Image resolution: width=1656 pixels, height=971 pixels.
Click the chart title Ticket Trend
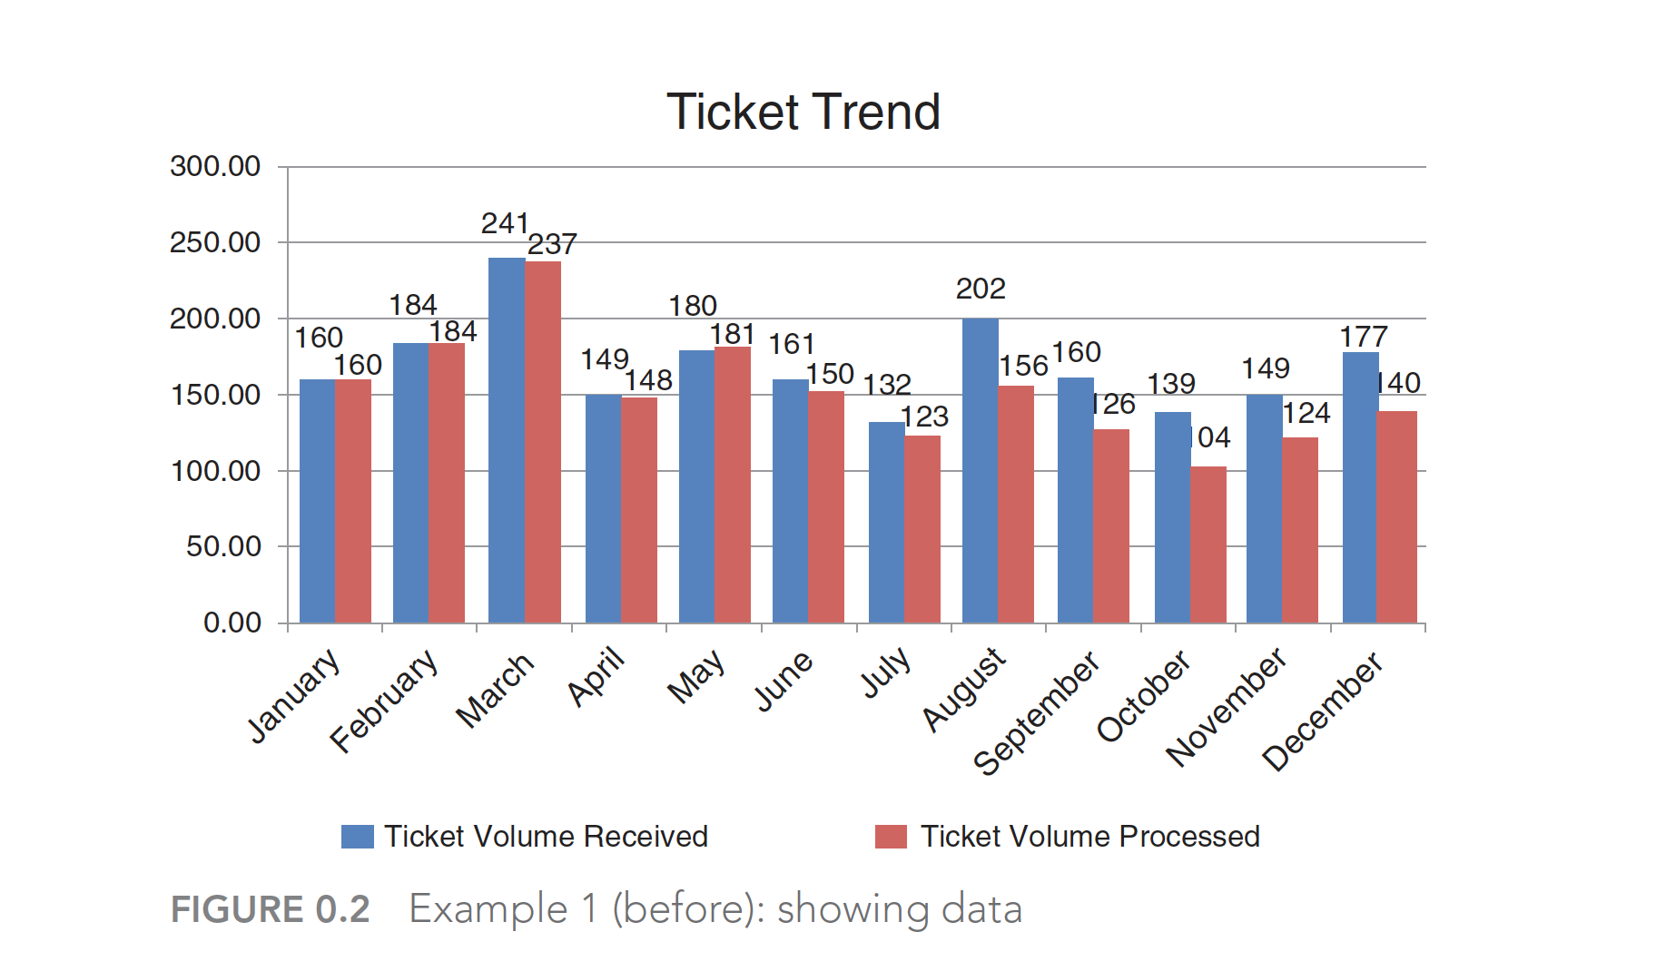[803, 112]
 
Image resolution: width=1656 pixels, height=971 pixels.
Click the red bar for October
[1208, 544]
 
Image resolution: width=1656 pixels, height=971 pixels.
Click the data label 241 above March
[505, 223]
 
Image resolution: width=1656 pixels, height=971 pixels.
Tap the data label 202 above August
[981, 289]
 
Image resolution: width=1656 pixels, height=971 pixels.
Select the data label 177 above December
[1364, 337]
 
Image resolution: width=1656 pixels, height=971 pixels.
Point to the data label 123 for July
[924, 417]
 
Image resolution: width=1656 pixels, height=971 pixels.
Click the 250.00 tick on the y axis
[215, 242]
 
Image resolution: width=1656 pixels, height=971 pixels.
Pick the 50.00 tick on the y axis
[223, 546]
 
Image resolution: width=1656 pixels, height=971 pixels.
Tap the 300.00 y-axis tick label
[215, 166]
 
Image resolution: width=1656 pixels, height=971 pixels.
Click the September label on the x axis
[1037, 713]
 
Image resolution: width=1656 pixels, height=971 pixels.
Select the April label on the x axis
[596, 676]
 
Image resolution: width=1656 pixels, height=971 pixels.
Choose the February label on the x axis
[384, 701]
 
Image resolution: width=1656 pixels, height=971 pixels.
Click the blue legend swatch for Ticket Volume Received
[357, 837]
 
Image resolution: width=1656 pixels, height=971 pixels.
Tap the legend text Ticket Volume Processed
[1089, 837]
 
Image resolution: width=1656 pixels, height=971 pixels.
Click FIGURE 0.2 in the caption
[271, 909]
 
